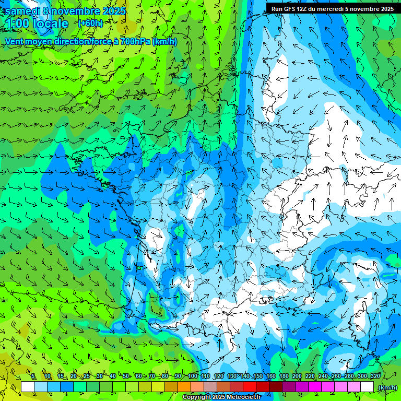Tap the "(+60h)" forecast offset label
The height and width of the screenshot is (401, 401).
pyautogui.click(x=90, y=23)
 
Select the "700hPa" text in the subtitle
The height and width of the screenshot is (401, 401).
pyautogui.click(x=135, y=41)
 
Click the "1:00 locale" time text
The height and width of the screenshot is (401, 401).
pyautogui.click(x=37, y=23)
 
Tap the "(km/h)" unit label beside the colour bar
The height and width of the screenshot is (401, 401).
pyautogui.click(x=387, y=387)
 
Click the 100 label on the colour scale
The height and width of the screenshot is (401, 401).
pyautogui.click(x=193, y=376)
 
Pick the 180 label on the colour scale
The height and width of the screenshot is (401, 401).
pyautogui.click(x=284, y=376)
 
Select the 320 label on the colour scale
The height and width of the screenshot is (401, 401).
pyautogui.click(x=375, y=376)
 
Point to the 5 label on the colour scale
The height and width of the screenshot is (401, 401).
pyautogui.click(x=33, y=376)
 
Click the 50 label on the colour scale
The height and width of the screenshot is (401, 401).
pyautogui.click(x=126, y=376)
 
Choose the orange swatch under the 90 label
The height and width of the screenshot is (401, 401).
pyautogui.click(x=184, y=387)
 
